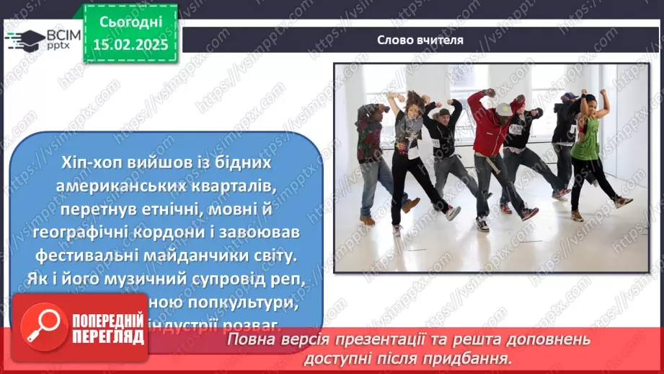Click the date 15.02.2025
coord(130,45)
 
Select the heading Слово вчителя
coord(420,40)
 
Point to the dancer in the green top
coord(588,144)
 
